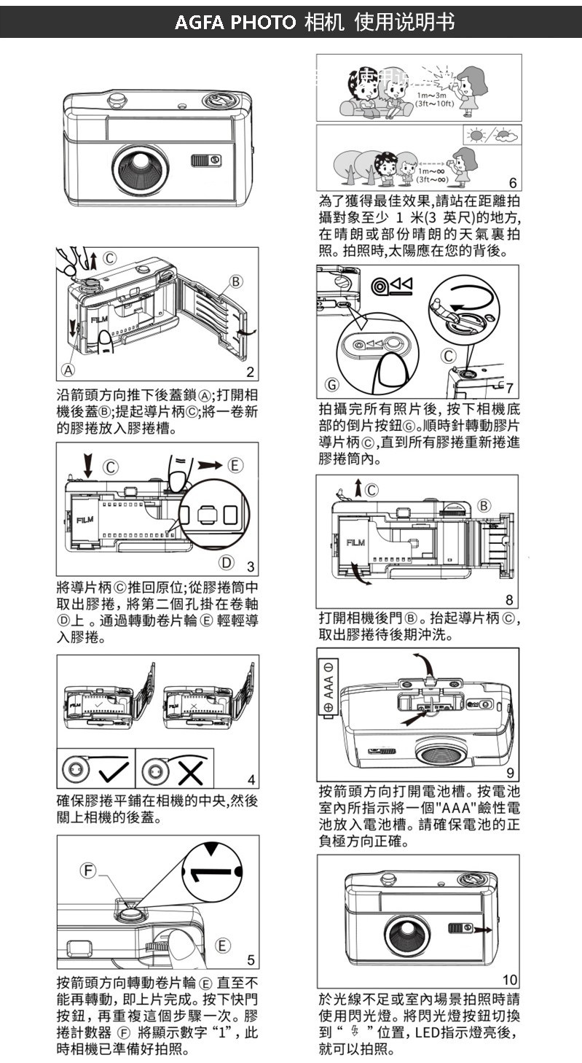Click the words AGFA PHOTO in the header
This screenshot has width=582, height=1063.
236,22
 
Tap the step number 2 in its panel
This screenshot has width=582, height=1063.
250,373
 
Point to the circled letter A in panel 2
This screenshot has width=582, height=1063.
67,370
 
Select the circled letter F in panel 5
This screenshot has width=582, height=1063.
89,870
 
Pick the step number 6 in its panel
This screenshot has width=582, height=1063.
512,183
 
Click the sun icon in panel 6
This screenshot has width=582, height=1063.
478,136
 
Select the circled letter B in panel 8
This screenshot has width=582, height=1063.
484,506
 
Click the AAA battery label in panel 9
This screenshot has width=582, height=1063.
328,686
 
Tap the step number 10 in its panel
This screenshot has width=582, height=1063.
510,978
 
